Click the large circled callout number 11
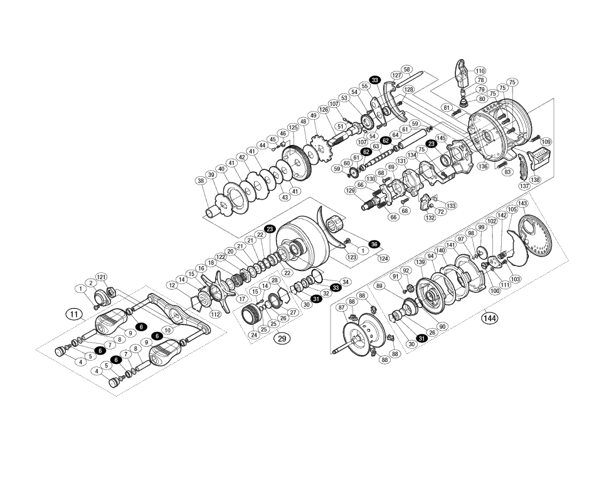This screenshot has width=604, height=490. click(x=75, y=314)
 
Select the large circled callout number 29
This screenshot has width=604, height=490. click(x=282, y=338)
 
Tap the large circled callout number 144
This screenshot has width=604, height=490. click(x=489, y=318)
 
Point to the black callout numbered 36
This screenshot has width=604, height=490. click(x=374, y=244)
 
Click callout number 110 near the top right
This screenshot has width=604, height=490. click(x=480, y=71)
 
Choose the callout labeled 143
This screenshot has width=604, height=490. click(x=522, y=204)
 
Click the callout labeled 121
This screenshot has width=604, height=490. click(x=101, y=277)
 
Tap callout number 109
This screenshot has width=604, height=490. click(x=546, y=142)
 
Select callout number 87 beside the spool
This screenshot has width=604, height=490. click(x=342, y=307)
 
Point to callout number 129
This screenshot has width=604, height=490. click(x=351, y=190)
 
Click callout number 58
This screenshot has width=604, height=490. click(x=407, y=70)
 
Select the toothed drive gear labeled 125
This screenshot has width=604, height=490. click(x=297, y=164)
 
